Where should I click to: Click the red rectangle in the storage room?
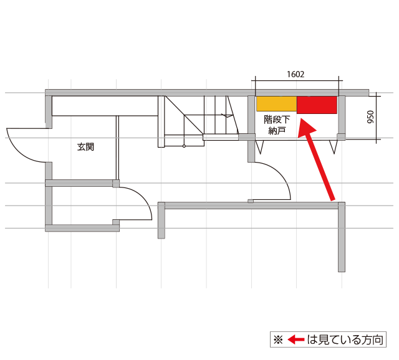[x=317, y=105]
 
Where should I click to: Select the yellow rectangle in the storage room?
[x=277, y=104]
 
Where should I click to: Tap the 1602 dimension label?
[x=296, y=74]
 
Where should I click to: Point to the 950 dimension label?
[x=371, y=117]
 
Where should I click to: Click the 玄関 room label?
[x=86, y=147]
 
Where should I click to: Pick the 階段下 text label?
[x=277, y=120]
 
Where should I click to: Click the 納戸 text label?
[x=277, y=131]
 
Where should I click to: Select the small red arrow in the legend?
[x=296, y=339]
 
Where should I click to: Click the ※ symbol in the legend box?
[x=278, y=339]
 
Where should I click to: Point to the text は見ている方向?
[x=345, y=339]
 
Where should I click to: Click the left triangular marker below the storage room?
[x=259, y=147]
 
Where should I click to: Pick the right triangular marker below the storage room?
[x=334, y=147]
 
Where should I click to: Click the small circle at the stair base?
[x=184, y=146]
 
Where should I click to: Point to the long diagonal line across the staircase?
[x=185, y=115]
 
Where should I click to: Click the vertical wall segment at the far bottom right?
[x=342, y=237]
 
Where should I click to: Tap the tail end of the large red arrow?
[x=333, y=200]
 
